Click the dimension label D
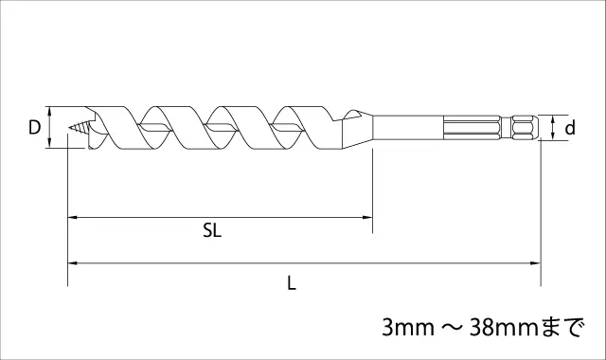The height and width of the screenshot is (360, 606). click(34, 127)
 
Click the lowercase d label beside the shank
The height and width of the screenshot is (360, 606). click(570, 127)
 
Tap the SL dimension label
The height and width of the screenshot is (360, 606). click(212, 231)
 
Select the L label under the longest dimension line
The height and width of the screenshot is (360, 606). click(292, 283)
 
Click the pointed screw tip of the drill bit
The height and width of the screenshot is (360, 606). click(70, 127)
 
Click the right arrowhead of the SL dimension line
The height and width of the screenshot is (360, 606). click(367, 218)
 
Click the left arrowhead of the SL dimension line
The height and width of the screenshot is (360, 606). click(73, 218)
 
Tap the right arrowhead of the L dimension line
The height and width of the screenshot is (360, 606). click(536, 263)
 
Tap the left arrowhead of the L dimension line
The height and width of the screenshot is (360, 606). click(73, 263)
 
